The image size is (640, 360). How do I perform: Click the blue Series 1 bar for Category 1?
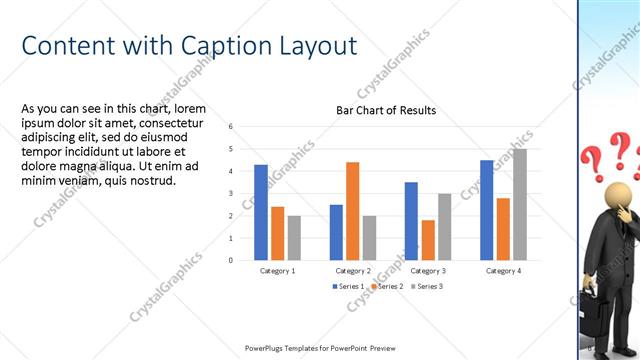coord(261,212)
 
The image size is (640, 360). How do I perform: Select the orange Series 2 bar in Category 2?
coord(352,211)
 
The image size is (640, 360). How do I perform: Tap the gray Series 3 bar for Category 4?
coord(520,204)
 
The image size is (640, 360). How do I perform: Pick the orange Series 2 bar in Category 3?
coord(428,240)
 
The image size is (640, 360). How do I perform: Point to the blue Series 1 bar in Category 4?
coord(487,210)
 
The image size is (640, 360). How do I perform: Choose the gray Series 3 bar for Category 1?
coord(294,238)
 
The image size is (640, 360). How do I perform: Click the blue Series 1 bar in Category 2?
coord(336,232)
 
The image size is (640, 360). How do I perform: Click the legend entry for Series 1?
coord(349,287)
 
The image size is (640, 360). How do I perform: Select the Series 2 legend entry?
coord(389,287)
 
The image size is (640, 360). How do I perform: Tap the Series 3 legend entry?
coord(428,287)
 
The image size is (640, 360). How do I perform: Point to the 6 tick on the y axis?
coord(231,127)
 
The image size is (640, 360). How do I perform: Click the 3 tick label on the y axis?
coord(231,194)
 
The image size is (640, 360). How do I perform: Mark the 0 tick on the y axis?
coord(231,260)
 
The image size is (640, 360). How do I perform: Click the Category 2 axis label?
coord(353,271)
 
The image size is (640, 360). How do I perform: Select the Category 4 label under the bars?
coord(503,271)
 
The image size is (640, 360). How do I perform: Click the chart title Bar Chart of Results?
coord(385,110)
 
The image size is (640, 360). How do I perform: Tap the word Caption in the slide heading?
coord(221,46)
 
